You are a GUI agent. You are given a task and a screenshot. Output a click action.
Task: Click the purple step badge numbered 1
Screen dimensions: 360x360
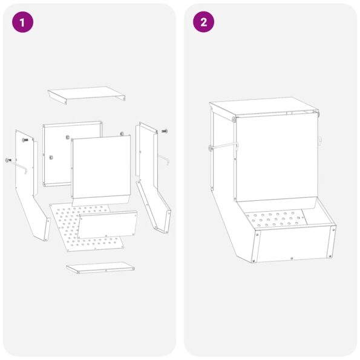(x=22, y=22)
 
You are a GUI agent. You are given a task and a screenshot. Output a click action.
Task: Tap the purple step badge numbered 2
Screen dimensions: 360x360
(x=203, y=22)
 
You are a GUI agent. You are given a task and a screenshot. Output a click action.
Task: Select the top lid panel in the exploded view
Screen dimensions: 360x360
(x=87, y=94)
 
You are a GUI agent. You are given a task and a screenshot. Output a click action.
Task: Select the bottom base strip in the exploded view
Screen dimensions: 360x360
(x=100, y=267)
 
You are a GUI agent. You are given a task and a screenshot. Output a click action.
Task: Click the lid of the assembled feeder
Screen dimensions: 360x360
(x=265, y=108)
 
